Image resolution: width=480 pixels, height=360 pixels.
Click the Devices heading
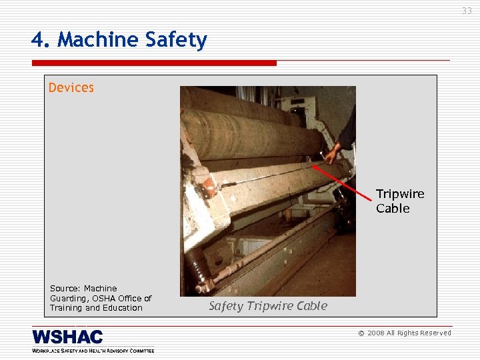tap(71, 87)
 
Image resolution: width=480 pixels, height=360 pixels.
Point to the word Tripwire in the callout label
tap(400, 194)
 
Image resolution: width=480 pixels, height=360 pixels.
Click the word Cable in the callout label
tap(393, 209)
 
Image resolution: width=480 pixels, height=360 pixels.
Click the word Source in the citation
tap(65, 289)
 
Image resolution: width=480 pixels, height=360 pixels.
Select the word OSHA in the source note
tap(111, 298)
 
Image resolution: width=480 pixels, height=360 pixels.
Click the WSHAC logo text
tap(67, 337)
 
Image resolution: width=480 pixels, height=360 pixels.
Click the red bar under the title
tap(153, 63)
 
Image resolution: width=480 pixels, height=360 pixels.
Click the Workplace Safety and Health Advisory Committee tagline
tap(93, 350)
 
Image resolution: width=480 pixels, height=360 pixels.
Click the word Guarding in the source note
tap(67, 298)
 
